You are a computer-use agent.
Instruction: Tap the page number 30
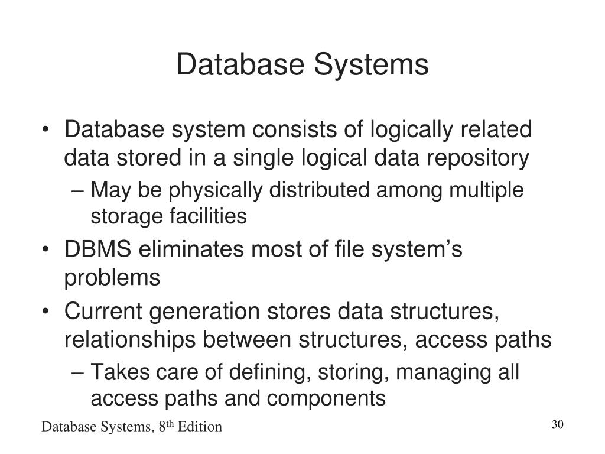click(558, 425)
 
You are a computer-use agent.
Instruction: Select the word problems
click(112, 278)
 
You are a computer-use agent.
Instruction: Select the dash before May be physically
click(82, 191)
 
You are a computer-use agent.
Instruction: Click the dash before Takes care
click(82, 373)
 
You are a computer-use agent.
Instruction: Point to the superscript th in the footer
click(169, 423)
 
